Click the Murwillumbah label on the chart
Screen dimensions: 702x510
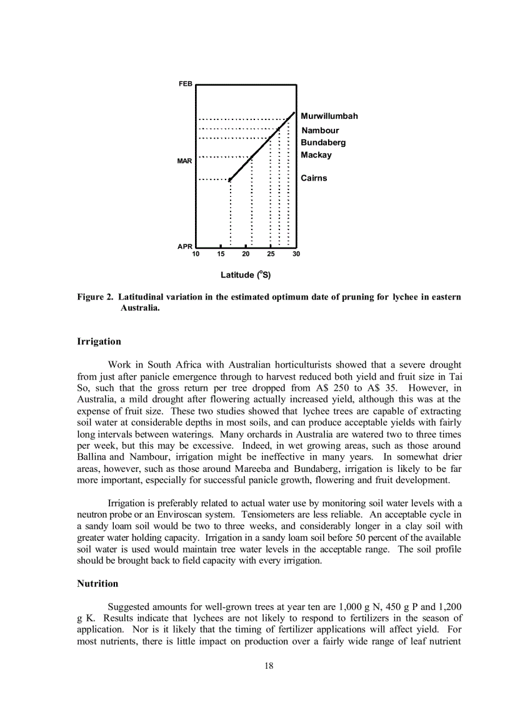[329, 116]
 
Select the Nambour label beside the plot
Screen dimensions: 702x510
[320, 131]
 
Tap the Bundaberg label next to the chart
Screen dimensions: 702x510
[323, 143]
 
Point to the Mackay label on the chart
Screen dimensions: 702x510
[316, 155]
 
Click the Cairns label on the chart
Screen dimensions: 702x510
[314, 178]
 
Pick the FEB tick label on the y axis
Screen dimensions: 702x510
[186, 84]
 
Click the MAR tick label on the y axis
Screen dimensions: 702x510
[184, 161]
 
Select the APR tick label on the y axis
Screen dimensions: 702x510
[185, 246]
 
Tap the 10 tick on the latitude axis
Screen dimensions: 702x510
[196, 254]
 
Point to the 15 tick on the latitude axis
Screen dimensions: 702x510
[221, 254]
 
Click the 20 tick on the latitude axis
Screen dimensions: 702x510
[246, 254]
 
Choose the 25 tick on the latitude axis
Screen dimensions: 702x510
[271, 254]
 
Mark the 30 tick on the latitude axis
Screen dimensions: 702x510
[296, 254]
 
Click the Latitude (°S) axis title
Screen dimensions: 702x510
[246, 275]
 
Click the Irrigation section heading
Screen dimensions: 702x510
[99, 342]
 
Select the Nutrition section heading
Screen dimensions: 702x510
[97, 584]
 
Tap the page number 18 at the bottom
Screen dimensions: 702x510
[269, 666]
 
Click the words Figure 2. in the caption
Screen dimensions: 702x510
[96, 297]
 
